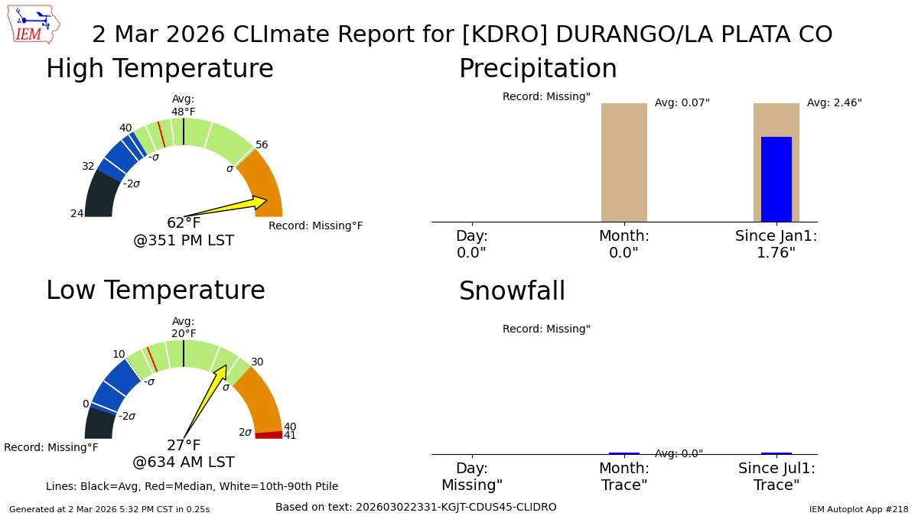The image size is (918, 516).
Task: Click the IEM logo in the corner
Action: point(33,24)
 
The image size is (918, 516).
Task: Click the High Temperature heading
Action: point(159,70)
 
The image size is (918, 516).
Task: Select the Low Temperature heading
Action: point(155,291)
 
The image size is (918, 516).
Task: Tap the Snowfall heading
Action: point(512,292)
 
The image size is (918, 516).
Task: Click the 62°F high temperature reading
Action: point(184,223)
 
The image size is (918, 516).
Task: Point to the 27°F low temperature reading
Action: point(184,446)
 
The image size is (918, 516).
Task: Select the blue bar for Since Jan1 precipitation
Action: point(776,180)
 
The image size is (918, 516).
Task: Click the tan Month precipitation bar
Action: point(623,162)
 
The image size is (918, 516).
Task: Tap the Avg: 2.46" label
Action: point(834,103)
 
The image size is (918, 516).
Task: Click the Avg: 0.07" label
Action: point(682,103)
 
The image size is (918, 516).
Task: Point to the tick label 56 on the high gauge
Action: point(262,145)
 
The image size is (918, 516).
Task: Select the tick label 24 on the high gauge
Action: point(77,214)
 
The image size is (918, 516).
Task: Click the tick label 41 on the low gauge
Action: point(290,436)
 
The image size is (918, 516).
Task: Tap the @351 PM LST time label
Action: point(184,242)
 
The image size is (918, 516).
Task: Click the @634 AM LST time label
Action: point(184,463)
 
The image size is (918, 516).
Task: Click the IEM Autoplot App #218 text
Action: point(858,509)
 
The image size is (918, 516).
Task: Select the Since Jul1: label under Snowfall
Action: point(776,469)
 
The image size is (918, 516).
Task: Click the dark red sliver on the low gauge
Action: point(269,435)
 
